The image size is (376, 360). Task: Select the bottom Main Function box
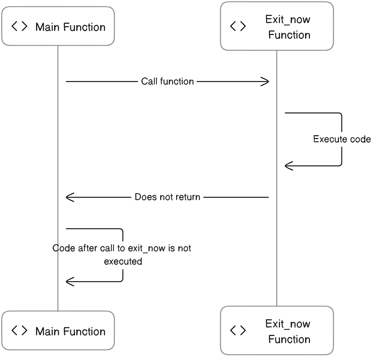point(58,331)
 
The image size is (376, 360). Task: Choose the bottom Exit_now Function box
point(277,331)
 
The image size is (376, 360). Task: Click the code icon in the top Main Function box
point(19,26)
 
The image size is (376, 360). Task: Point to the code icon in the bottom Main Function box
point(19,331)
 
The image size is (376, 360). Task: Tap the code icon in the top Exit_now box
point(238,26)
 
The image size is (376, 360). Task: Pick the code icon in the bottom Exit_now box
point(238,331)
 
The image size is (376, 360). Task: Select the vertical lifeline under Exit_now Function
point(277,176)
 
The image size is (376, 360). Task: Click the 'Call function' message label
point(167,82)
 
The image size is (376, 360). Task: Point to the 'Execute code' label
point(342,139)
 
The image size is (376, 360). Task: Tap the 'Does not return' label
point(167,197)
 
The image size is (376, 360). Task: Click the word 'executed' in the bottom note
point(123,262)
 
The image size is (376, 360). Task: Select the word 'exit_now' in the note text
point(147,248)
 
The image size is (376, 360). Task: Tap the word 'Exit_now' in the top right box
point(288,19)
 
